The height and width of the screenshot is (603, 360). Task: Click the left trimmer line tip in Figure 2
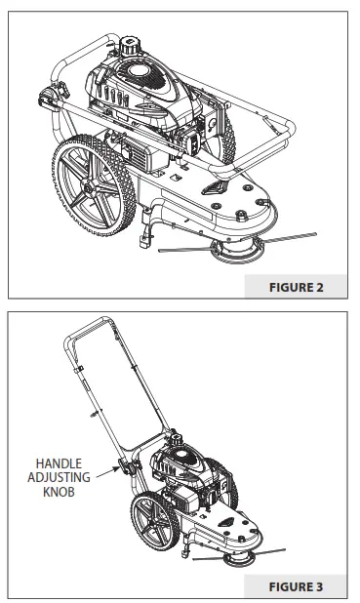point(160,251)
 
